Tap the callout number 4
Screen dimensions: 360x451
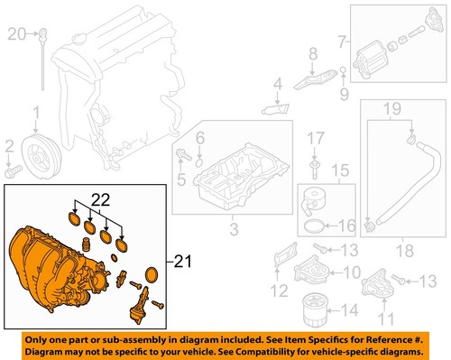tap(278, 86)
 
